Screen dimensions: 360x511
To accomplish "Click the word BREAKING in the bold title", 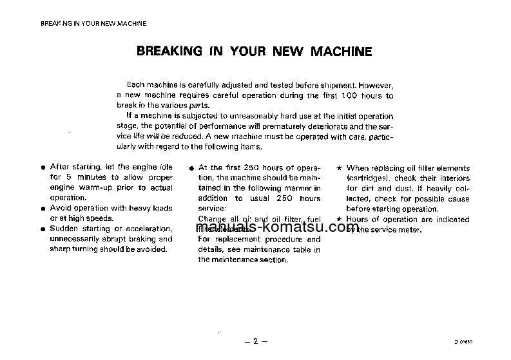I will coord(166,51).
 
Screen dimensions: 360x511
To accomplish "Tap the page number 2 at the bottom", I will coord(255,341).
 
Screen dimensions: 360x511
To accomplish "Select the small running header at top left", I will coord(93,23).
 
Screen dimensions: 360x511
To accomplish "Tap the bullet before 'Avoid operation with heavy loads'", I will coord(43,209).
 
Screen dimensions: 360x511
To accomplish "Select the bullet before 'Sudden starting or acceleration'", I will coord(43,229).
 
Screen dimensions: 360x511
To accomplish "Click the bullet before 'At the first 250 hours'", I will coord(191,168).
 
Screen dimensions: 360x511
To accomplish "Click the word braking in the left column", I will coord(131,239).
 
